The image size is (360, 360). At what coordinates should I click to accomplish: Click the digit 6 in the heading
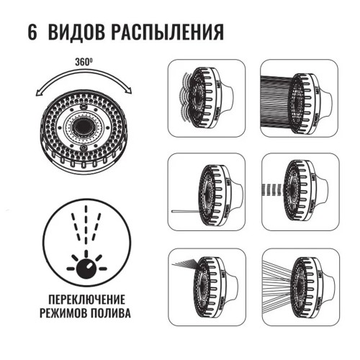tap(32, 32)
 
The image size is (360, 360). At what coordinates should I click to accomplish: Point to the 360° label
tap(84, 62)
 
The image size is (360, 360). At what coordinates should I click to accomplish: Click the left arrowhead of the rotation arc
tap(38, 93)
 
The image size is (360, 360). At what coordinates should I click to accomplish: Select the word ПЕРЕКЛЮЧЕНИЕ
tap(87, 300)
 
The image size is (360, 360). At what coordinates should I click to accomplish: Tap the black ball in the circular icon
tap(86, 269)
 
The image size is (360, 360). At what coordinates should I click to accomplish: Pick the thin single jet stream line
tap(186, 212)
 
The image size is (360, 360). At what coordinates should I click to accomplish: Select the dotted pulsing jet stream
tap(273, 189)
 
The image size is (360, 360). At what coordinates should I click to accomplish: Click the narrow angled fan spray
tap(186, 262)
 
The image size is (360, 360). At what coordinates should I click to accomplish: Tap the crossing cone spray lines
tap(278, 283)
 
